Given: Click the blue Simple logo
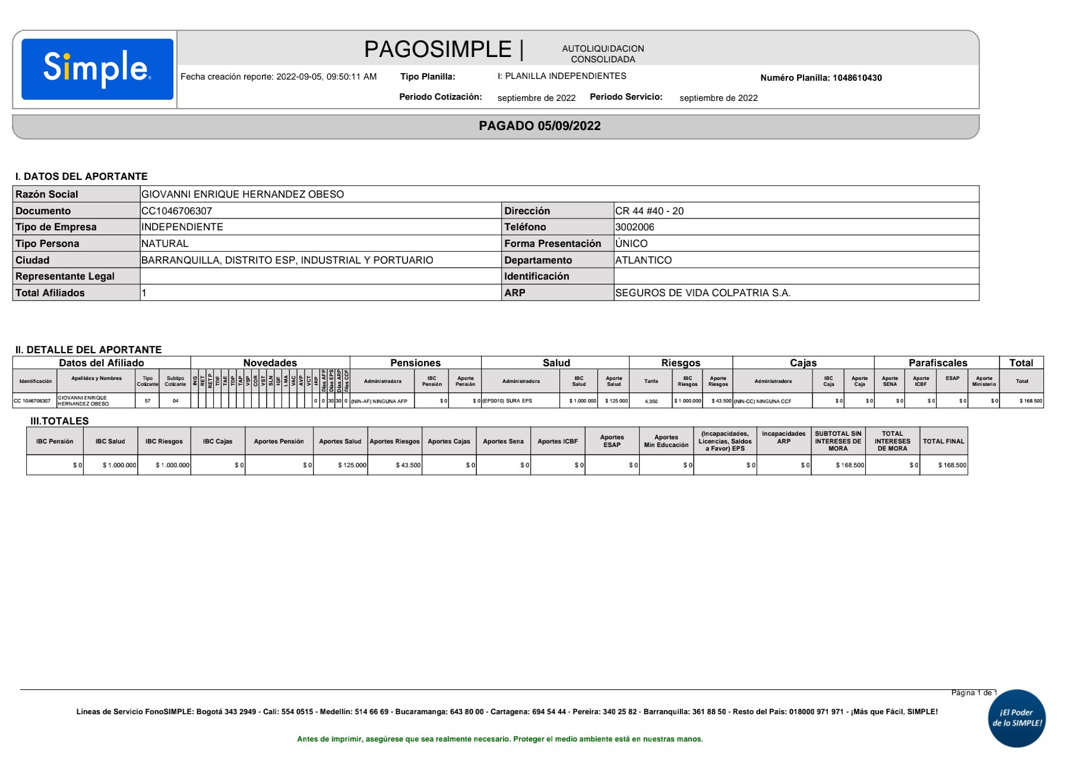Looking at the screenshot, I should tap(97, 69).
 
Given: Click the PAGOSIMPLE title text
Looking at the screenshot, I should tap(438, 49).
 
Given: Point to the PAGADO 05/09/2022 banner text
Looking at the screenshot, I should tap(539, 126).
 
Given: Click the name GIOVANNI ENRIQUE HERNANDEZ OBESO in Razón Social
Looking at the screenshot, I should tap(242, 194).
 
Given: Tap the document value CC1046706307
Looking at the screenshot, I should tap(176, 211).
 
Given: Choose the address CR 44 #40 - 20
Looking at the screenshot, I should tap(649, 211).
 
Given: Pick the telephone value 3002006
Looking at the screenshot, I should tap(634, 227).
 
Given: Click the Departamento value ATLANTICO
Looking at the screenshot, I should tap(643, 260).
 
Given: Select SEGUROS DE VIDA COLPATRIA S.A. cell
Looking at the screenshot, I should tap(703, 293).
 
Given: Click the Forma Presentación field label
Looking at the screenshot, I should tap(552, 243).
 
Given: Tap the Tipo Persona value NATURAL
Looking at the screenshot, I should tap(165, 243).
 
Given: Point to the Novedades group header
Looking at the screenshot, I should tap(270, 363).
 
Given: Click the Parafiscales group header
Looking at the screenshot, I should tap(937, 363).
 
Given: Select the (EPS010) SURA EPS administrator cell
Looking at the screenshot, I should tap(507, 401).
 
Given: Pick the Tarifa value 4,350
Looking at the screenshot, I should tap(651, 401).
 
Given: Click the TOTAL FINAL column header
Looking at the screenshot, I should tap(943, 441).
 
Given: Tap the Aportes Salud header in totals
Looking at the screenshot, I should tap(340, 441).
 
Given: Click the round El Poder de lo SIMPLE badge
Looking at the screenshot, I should tap(1017, 718).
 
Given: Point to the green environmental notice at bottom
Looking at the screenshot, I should tap(499, 739).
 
